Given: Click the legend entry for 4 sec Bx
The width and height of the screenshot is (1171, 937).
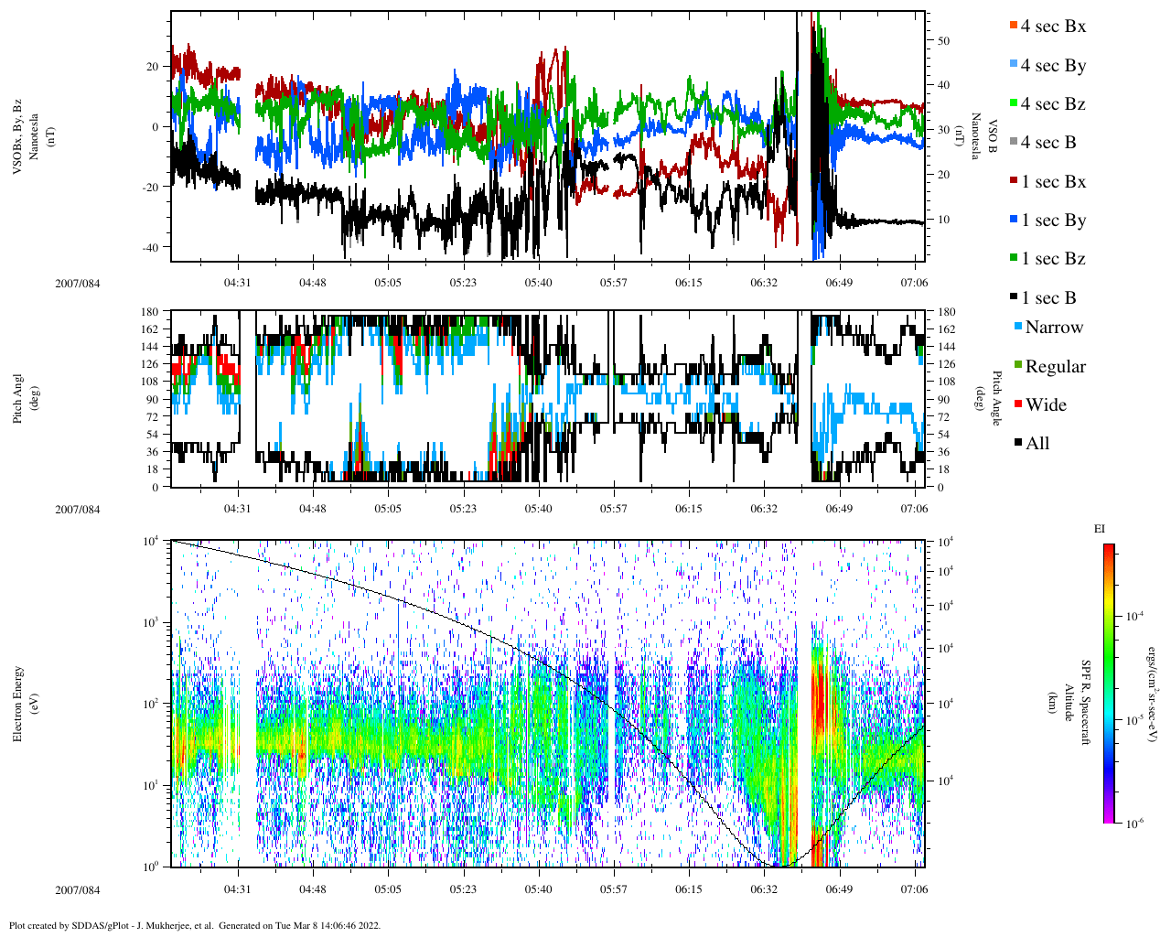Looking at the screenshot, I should click(x=1052, y=27).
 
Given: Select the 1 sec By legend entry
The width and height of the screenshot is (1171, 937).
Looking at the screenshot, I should click(x=1053, y=221).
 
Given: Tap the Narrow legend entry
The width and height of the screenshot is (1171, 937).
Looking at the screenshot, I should click(x=1053, y=328).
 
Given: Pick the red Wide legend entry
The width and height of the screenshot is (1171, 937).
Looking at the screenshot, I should click(x=1045, y=405).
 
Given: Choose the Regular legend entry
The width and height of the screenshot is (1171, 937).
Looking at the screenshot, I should click(x=1055, y=367).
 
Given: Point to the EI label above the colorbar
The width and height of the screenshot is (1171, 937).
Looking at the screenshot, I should click(x=1099, y=529).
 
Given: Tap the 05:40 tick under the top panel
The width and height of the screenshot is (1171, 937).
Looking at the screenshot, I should click(x=538, y=283).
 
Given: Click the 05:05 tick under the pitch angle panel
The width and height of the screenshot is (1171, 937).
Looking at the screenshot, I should click(x=388, y=508).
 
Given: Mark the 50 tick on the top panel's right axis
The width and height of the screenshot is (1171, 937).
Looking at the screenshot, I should click(x=943, y=41).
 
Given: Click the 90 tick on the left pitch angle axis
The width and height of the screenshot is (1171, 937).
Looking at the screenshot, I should click(x=151, y=399).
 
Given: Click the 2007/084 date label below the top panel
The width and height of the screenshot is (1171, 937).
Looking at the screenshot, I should click(x=78, y=283).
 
